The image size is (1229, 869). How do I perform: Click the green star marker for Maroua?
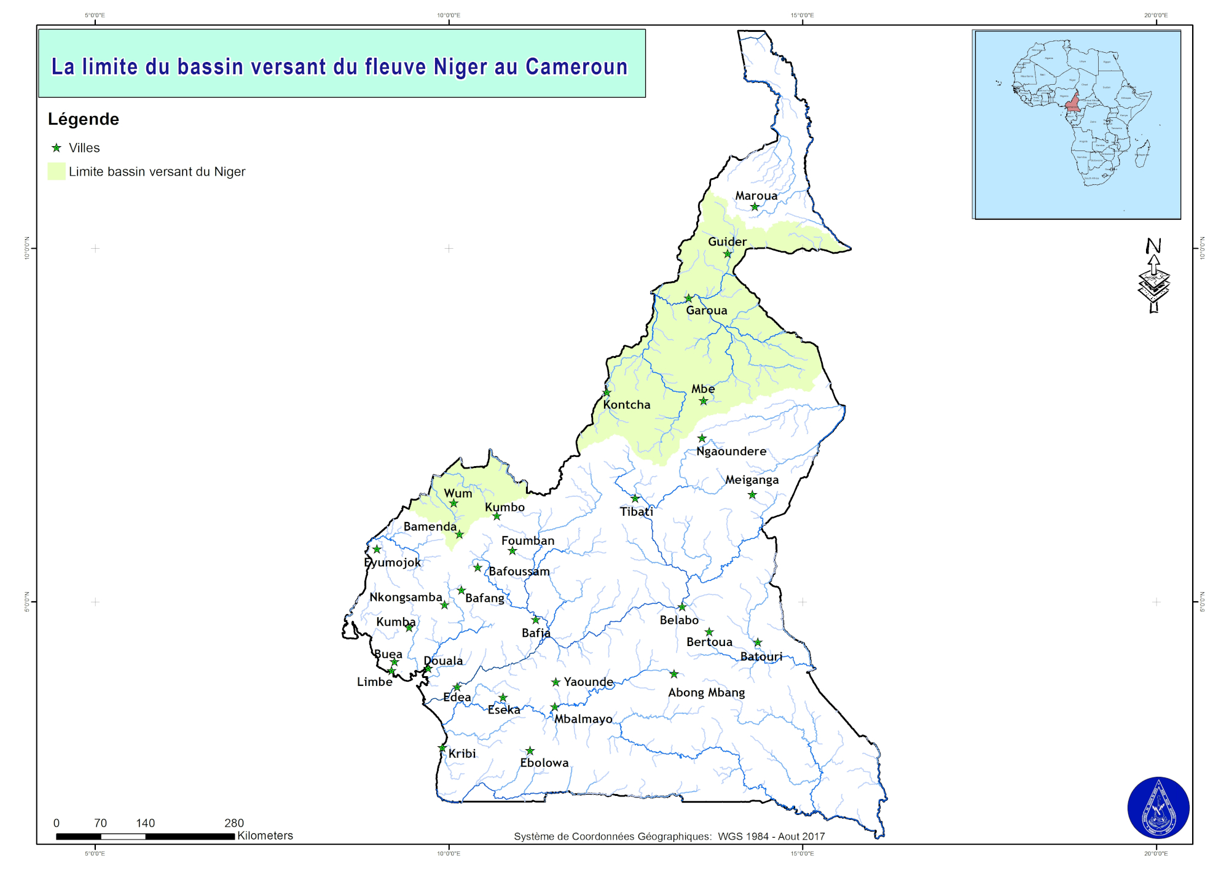pos(755,207)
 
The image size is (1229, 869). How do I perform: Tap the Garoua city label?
pos(706,310)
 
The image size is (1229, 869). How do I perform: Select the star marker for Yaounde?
pos(556,682)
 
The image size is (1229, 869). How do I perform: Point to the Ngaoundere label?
pos(731,451)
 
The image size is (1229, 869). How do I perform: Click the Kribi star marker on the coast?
pos(442,748)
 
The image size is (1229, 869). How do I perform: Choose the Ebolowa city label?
pos(544,763)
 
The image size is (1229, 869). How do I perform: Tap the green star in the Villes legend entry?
pos(57,148)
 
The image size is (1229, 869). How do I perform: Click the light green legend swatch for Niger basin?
pos(57,171)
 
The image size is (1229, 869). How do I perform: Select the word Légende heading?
pos(84,119)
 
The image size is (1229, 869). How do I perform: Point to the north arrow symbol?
pos(1153,276)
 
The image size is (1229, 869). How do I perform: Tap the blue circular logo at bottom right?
pos(1158,808)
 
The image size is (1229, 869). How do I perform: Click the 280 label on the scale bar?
pos(234,823)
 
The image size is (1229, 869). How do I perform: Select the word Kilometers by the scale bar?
pos(265,836)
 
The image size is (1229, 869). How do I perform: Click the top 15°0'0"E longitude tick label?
pos(802,15)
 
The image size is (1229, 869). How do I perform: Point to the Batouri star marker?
pos(758,642)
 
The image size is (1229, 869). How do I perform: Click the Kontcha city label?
pos(626,405)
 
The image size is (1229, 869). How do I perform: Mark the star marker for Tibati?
pos(635,499)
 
